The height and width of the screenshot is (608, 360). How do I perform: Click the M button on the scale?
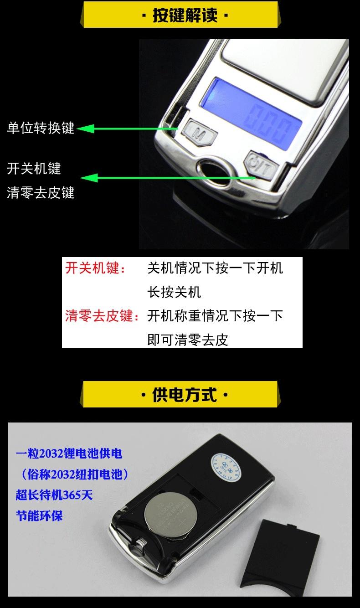197,132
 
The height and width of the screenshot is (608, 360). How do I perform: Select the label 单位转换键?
41,128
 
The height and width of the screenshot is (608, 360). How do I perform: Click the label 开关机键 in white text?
34,169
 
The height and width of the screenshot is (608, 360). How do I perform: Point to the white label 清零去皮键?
41,193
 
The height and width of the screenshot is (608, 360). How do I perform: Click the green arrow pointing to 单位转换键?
128,129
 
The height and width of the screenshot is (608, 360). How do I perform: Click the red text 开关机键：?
96,268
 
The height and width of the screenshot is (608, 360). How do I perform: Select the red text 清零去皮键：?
103,315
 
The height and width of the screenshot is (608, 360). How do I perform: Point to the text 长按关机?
174,292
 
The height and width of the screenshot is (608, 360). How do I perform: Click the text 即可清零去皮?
187,340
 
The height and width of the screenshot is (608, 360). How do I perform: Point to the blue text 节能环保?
39,515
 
